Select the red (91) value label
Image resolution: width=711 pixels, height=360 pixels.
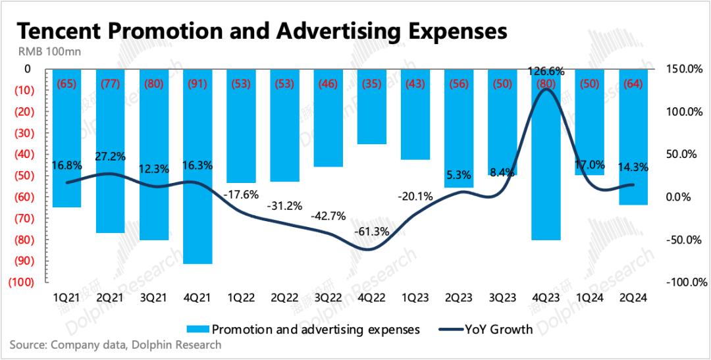(x=197, y=84)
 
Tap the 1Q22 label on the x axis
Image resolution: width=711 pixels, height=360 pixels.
(x=240, y=297)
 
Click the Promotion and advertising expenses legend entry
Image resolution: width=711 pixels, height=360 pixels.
(x=303, y=330)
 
